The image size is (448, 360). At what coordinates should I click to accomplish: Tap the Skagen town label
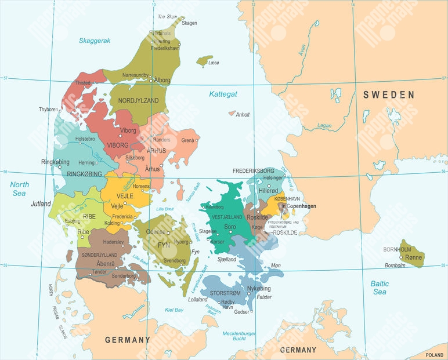(x=189, y=23)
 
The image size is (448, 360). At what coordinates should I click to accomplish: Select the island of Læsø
(x=204, y=60)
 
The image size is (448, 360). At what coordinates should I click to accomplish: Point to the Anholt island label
(x=243, y=115)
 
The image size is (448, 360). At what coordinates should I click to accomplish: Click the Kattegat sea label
(x=223, y=93)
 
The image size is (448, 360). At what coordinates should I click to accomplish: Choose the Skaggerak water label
(x=95, y=41)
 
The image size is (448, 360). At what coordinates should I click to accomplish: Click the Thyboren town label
(x=49, y=110)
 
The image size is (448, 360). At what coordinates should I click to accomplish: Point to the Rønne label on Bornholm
(x=413, y=257)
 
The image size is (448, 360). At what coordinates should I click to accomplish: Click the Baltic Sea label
(x=380, y=288)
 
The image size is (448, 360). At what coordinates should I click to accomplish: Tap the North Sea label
(x=19, y=189)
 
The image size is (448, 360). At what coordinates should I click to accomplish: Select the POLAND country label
(x=434, y=354)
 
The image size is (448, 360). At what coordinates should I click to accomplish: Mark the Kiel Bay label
(x=174, y=310)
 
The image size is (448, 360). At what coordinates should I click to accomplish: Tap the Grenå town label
(x=188, y=140)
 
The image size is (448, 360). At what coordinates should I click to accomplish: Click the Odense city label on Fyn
(x=156, y=231)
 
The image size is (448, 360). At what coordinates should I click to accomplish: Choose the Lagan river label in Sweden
(x=324, y=125)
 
